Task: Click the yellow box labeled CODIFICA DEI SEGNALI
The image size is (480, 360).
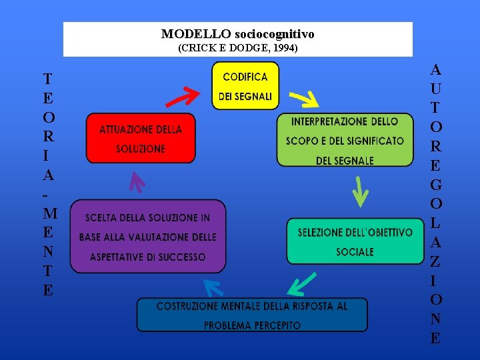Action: (245, 86)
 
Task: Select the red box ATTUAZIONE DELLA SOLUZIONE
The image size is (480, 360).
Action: (141, 138)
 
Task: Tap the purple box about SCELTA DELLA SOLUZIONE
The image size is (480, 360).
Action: (148, 237)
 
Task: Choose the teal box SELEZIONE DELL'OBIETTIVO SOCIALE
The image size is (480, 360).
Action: (355, 241)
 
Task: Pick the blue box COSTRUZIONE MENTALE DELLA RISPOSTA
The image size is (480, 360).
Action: (252, 315)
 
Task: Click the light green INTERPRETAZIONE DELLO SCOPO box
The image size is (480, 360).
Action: (345, 140)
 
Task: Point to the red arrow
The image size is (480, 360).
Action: (183, 98)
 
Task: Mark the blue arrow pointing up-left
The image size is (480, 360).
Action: (214, 288)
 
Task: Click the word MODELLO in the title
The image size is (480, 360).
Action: (196, 34)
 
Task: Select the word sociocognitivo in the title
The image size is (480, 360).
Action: (274, 34)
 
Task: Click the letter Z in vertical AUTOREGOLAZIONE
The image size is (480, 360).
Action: (435, 262)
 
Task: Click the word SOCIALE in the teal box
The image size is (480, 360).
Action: (355, 252)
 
